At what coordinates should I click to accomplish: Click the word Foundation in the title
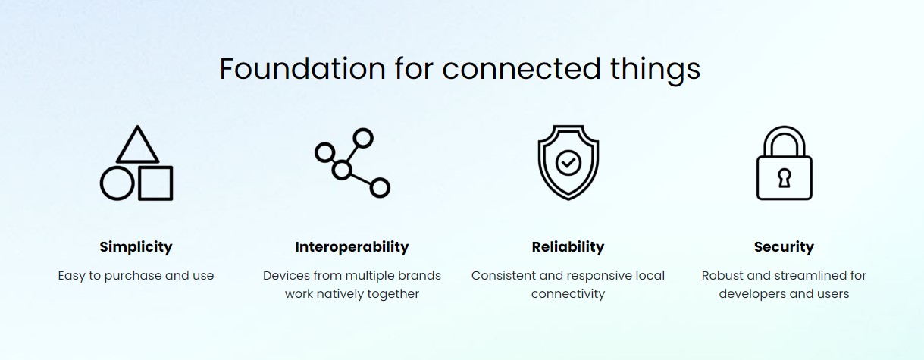[x=302, y=68]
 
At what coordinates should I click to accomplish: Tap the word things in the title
[x=655, y=70]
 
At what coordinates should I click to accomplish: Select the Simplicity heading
[x=136, y=247]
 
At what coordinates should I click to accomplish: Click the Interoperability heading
[x=352, y=247]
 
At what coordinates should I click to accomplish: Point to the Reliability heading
[x=568, y=247]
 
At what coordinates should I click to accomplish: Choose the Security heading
[x=784, y=247]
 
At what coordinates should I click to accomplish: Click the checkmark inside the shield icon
[x=568, y=163]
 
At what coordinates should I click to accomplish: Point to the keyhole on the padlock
[x=785, y=179]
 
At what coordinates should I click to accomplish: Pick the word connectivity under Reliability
[x=568, y=294]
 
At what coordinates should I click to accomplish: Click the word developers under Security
[x=753, y=294]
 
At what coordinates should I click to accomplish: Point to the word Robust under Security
[x=719, y=275]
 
